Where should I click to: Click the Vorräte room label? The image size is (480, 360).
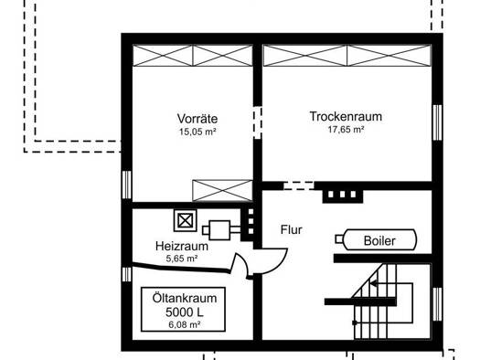[197, 119]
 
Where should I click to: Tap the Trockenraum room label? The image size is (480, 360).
[346, 116]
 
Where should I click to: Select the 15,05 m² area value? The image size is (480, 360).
[197, 132]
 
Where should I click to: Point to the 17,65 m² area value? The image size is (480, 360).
[346, 130]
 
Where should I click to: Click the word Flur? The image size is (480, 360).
[291, 229]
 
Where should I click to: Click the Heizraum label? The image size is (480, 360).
[182, 246]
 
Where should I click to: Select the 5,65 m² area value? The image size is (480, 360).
[182, 259]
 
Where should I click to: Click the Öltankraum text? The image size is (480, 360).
[185, 298]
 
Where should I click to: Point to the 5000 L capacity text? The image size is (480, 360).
[185, 312]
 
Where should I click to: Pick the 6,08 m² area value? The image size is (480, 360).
[185, 324]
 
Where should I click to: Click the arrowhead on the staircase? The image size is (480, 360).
[373, 283]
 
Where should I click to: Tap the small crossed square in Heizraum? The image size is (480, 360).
[185, 220]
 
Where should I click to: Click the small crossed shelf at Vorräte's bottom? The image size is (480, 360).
[222, 190]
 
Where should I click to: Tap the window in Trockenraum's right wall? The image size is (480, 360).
[438, 122]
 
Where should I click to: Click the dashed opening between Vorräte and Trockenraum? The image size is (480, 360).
[258, 122]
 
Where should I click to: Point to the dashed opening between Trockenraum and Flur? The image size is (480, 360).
[299, 185]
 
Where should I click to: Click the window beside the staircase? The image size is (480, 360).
[438, 304]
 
